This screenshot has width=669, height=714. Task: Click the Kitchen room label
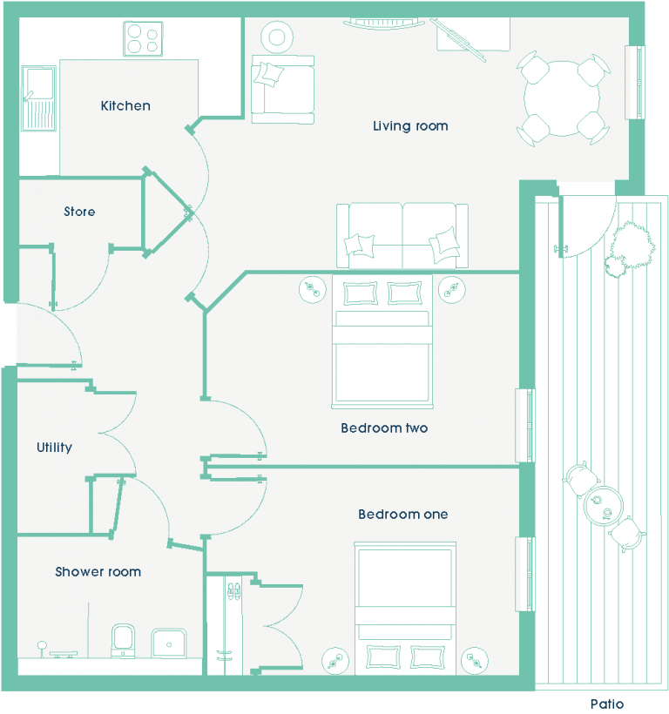tap(125, 105)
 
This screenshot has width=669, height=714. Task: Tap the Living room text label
tap(410, 126)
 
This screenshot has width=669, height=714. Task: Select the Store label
tap(79, 212)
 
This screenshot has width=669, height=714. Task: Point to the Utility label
tap(54, 448)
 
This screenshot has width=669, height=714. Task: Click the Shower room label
tap(98, 571)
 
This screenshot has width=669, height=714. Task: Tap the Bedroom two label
tap(384, 428)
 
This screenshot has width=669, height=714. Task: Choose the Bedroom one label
tap(403, 514)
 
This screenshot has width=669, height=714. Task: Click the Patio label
tap(607, 704)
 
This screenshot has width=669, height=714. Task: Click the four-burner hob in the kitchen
tap(143, 39)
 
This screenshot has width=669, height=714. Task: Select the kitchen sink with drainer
tap(38, 98)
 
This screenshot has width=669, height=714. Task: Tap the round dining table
tap(562, 98)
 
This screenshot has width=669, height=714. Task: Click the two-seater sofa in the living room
tap(402, 235)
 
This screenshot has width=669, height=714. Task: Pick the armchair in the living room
tap(283, 89)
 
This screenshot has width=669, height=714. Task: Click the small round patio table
tap(603, 506)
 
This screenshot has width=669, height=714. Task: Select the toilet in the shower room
tap(123, 641)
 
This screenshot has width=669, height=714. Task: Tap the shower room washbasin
tap(169, 643)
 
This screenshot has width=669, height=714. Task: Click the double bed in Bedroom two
tap(382, 341)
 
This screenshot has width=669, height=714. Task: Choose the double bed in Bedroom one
tap(405, 609)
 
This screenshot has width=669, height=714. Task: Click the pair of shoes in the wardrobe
tap(234, 591)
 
